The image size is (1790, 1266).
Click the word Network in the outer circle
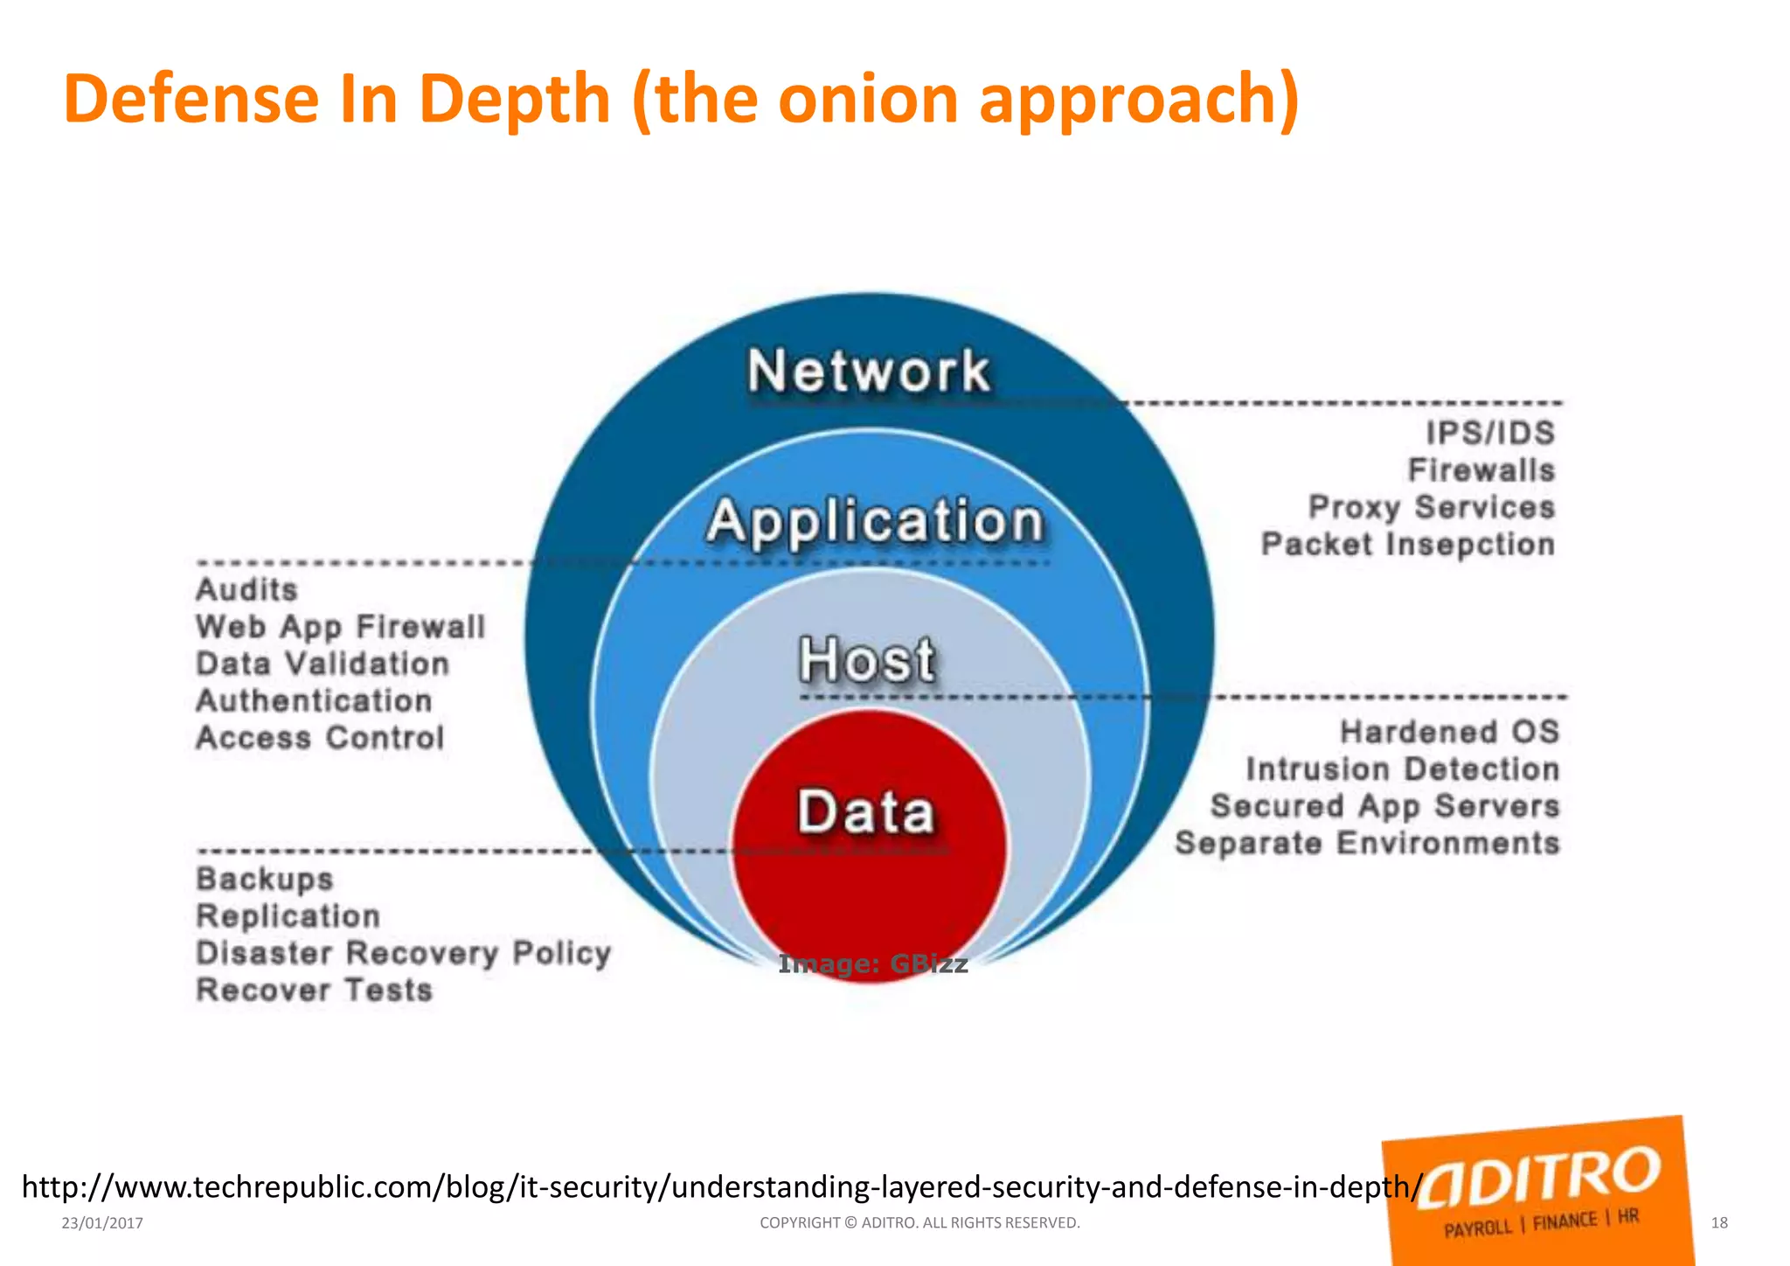[869, 371]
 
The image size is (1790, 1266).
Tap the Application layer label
[875, 521]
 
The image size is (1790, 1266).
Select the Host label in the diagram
[867, 659]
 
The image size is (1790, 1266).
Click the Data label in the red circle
[866, 811]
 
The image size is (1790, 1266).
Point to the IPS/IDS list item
[1490, 433]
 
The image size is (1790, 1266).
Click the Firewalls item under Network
[1481, 470]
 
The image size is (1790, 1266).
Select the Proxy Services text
[1432, 507]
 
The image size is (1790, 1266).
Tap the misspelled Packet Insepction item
[1408, 544]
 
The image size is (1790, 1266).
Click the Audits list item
[246, 589]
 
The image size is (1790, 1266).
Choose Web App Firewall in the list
[340, 627]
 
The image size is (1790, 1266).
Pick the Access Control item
[320, 738]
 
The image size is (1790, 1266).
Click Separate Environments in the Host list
[1367, 843]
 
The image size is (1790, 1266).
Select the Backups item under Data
[265, 879]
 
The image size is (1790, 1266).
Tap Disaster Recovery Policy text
[403, 953]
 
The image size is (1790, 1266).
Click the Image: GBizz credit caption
[872, 963]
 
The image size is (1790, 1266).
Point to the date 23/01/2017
[102, 1223]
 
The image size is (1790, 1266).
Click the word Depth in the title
[514, 98]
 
